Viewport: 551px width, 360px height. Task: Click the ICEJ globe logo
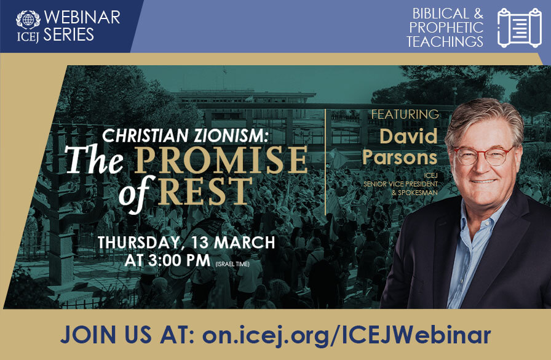pos(28,18)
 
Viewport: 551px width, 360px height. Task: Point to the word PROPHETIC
pos(446,28)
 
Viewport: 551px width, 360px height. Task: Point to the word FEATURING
pos(404,114)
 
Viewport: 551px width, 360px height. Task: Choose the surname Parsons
pos(400,157)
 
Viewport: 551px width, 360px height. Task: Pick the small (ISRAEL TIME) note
pos(237,263)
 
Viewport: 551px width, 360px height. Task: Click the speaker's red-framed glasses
pos(484,155)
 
